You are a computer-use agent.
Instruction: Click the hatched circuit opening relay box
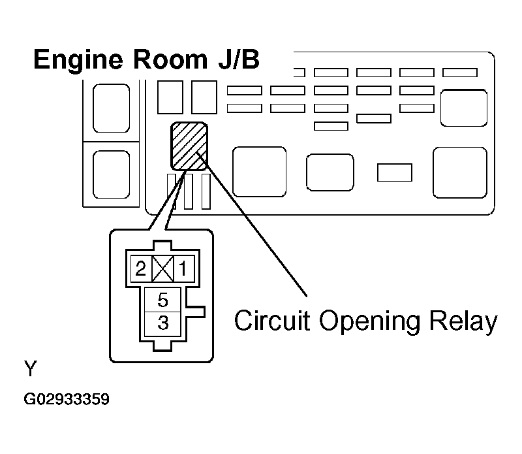189,146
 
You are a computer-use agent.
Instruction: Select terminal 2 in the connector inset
141,268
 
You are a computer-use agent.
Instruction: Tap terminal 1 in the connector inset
184,268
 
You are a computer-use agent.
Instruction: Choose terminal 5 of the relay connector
162,300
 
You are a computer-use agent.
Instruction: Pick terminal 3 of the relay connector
162,323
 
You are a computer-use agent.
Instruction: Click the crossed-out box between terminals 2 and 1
162,268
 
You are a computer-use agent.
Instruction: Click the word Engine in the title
78,60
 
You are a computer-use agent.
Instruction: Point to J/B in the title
239,59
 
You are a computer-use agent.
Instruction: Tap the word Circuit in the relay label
272,320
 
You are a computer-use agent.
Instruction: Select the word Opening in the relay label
370,322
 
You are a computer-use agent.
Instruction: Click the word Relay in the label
463,322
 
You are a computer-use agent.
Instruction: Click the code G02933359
67,399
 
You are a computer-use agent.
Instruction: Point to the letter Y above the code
31,368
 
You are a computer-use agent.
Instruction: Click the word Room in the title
170,59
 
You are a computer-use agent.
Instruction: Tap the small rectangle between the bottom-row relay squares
395,172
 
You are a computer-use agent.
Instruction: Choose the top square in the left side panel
111,108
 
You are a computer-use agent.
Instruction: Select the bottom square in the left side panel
111,174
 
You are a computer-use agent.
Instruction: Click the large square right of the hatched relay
259,172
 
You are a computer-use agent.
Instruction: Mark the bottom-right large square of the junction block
460,172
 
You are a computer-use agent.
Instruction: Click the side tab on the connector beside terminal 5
196,312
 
